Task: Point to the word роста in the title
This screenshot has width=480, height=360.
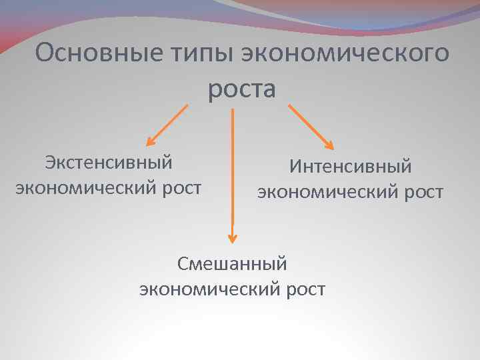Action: point(241,89)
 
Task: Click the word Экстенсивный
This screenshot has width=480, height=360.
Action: point(109,162)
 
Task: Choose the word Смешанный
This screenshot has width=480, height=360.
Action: point(232,263)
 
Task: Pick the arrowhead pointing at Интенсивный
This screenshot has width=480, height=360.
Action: point(329,143)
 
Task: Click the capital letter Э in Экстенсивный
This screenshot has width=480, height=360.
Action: point(50,162)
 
